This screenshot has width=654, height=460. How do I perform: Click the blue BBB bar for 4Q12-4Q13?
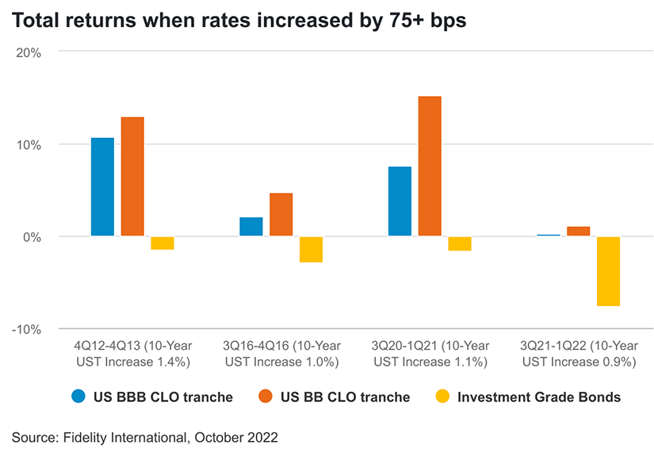tap(102, 187)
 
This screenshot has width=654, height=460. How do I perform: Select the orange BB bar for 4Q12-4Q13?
tap(132, 177)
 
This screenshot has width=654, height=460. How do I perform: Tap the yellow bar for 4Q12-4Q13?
tap(163, 243)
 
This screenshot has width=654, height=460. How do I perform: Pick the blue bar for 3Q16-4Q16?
tap(251, 227)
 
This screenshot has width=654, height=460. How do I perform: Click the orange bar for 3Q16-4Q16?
tap(281, 215)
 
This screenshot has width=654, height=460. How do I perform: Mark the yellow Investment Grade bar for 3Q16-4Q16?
tap(311, 249)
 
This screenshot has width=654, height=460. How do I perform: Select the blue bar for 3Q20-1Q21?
tap(400, 201)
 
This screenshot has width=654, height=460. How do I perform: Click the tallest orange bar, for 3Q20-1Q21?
tap(430, 167)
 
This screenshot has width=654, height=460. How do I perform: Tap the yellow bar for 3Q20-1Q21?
tap(460, 243)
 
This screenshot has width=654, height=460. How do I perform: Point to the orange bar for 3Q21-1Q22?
tap(579, 232)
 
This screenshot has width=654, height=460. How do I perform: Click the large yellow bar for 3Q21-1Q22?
tap(608, 271)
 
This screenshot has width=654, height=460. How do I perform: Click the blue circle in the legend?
tap(78, 397)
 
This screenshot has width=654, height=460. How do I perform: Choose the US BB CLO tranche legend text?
tap(345, 397)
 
